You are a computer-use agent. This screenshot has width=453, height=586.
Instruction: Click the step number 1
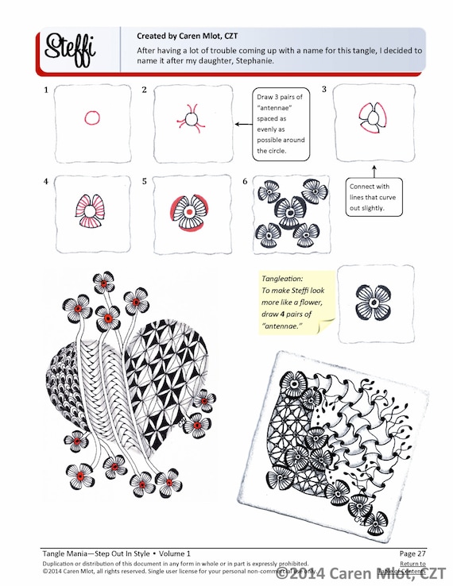pos(48,90)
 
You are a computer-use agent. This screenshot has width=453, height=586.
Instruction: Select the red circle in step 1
pos(91,119)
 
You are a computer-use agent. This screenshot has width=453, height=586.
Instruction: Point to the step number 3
pos(323,90)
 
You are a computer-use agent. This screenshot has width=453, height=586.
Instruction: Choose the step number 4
pos(47,181)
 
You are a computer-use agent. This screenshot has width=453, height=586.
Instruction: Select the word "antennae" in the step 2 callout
pos(276,114)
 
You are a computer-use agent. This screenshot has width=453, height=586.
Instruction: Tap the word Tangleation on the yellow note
pos(281,279)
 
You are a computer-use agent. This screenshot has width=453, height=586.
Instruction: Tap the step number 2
pos(144,90)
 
